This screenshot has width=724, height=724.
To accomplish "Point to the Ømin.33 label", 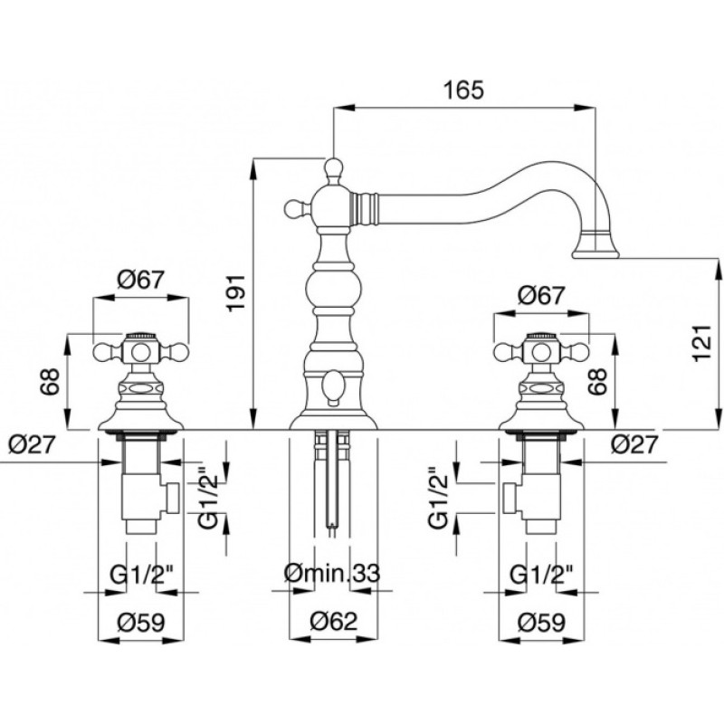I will pos(331,573).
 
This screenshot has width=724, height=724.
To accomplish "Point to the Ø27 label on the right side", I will pos(633,443).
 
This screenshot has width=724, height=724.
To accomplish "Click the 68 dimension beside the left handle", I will pos(52,383).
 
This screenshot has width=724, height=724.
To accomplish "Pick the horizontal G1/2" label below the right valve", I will pos(539,573).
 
